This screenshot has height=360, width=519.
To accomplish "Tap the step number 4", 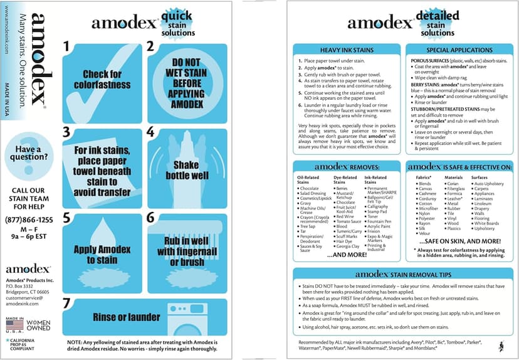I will [x=150, y=132].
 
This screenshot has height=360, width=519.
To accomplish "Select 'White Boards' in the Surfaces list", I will [x=486, y=223].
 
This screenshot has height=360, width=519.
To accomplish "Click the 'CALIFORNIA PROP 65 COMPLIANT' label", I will [x=23, y=346].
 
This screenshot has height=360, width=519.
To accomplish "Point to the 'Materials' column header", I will [x=454, y=177].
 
